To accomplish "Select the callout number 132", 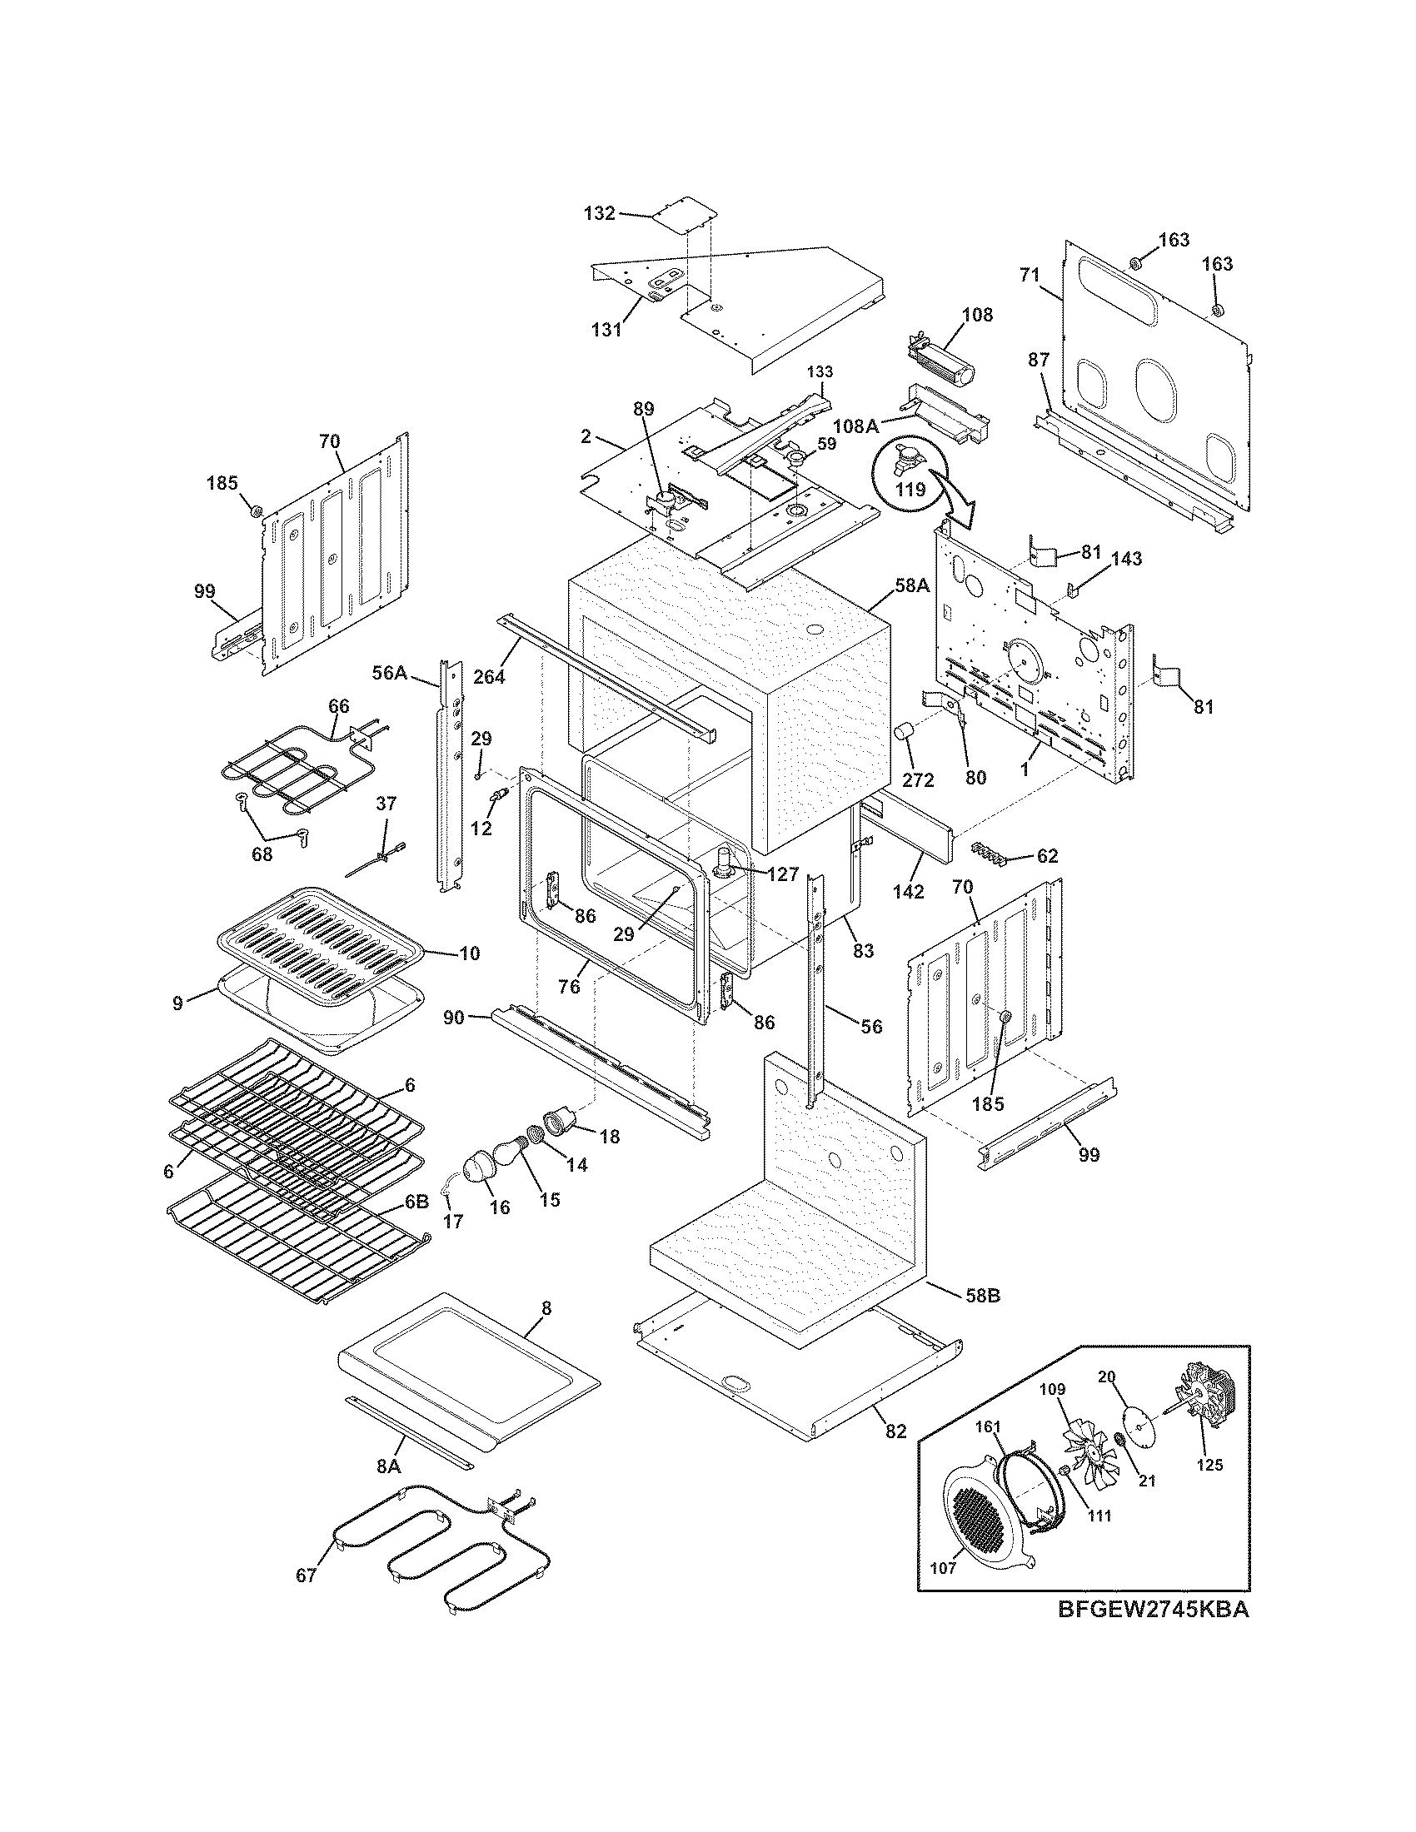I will (600, 213).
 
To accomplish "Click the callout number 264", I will (489, 675).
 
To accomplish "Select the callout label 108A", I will (856, 426).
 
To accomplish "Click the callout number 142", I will (908, 892).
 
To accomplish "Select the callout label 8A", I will (387, 1466).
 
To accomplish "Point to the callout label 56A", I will (389, 672).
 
